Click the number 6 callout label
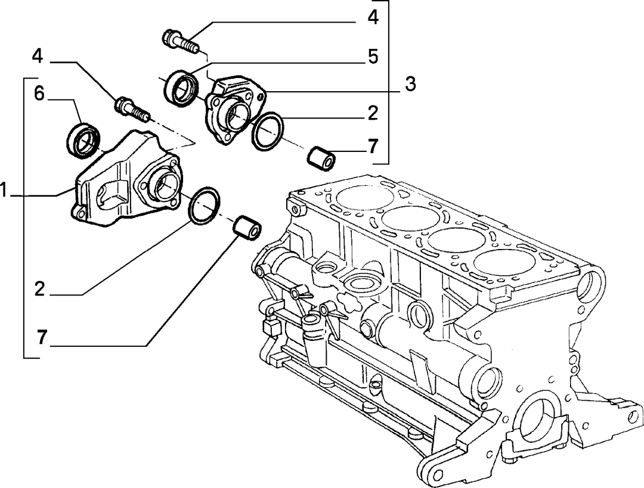pos(39,94)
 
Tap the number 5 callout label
pos(373,57)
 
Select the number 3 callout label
pos(410,84)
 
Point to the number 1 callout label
pos(4,191)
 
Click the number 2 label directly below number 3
pos(373,113)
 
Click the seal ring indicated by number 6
pos(83,140)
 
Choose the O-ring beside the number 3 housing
pos(267,131)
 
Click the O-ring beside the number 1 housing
pos(204,206)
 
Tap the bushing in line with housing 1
pos(246,228)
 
